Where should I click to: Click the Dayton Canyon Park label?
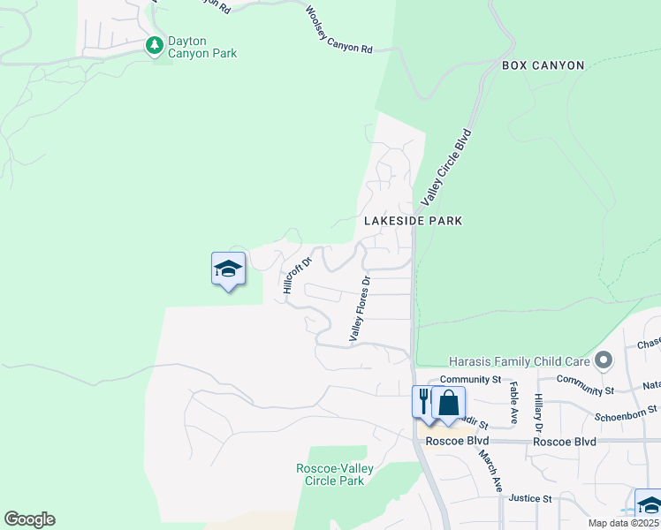pyautogui.click(x=203, y=47)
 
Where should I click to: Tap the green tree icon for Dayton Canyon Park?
pyautogui.click(x=156, y=44)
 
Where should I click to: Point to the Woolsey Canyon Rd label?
pyautogui.click(x=338, y=31)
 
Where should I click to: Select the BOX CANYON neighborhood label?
pyautogui.click(x=543, y=65)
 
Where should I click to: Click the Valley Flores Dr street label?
pyautogui.click(x=359, y=308)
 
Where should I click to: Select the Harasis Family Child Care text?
pyautogui.click(x=517, y=360)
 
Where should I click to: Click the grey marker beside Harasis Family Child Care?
pyautogui.click(x=604, y=360)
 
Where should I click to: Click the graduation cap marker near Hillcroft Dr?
pyautogui.click(x=228, y=269)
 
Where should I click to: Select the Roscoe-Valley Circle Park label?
pyautogui.click(x=333, y=474)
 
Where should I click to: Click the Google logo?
pyautogui.click(x=29, y=519)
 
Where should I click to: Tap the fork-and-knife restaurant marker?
pyautogui.click(x=424, y=400)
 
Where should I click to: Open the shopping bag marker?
pyautogui.click(x=448, y=402)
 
